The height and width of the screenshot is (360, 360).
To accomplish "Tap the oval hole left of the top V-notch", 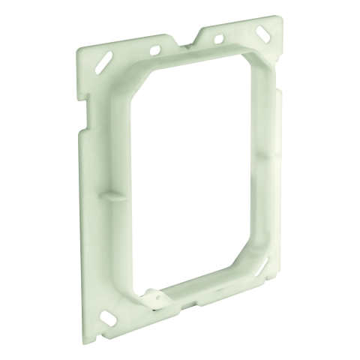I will point(155,49).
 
